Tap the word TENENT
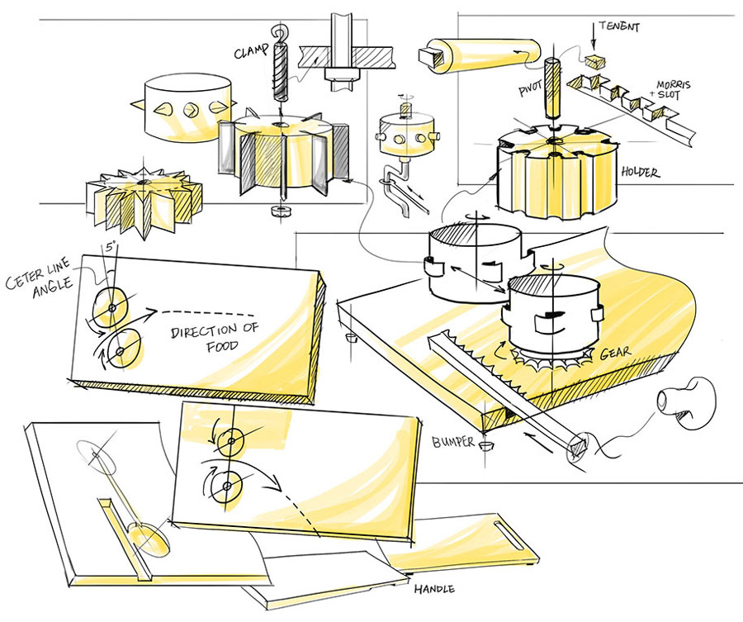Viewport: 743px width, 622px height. coord(619,26)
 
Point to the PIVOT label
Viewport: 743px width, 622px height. coord(531,88)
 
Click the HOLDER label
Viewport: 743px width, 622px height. coord(640,172)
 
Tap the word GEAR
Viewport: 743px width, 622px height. coord(615,353)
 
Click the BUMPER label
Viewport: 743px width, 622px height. coord(452,442)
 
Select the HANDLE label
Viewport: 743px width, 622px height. coord(434,589)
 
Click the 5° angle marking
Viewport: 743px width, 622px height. coord(111,247)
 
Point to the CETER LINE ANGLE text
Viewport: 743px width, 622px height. coord(40,278)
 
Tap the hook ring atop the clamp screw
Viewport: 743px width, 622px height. coord(279,33)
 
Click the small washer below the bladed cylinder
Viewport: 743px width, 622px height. coord(277,211)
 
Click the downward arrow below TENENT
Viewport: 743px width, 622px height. coord(592,36)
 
